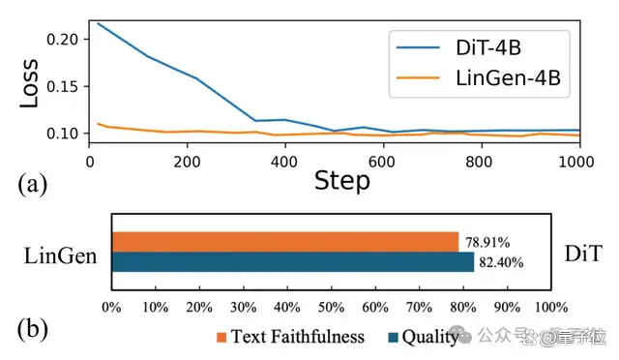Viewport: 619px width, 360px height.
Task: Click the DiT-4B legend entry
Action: click(458, 47)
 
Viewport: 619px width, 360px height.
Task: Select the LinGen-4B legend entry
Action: click(479, 77)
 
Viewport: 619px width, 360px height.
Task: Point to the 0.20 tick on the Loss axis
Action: click(61, 39)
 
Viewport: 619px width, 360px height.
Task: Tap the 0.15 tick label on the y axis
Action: click(61, 86)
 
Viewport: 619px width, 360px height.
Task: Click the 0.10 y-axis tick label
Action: click(61, 134)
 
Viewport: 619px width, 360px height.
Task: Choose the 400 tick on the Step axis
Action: click(284, 162)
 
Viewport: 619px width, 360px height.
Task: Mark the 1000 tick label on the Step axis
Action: click(576, 162)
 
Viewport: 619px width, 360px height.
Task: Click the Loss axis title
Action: click(29, 83)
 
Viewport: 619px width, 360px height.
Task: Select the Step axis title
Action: click(341, 181)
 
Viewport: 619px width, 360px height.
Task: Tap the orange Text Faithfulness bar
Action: click(285, 242)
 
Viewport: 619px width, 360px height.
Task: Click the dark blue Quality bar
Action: click(293, 261)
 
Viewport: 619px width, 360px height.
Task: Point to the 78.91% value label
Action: click(487, 242)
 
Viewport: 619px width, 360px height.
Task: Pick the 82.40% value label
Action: click(501, 262)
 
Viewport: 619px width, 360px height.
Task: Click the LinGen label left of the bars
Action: click(60, 255)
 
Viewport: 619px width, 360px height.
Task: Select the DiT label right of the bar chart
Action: click(583, 254)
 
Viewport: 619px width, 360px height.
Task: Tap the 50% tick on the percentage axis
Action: click(331, 307)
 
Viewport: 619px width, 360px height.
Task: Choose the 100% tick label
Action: click(551, 307)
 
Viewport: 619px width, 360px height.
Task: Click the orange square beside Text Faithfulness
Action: click(221, 337)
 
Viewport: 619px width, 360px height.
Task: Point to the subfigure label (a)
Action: click(32, 184)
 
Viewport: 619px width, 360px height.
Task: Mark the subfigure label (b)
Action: click(32, 330)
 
